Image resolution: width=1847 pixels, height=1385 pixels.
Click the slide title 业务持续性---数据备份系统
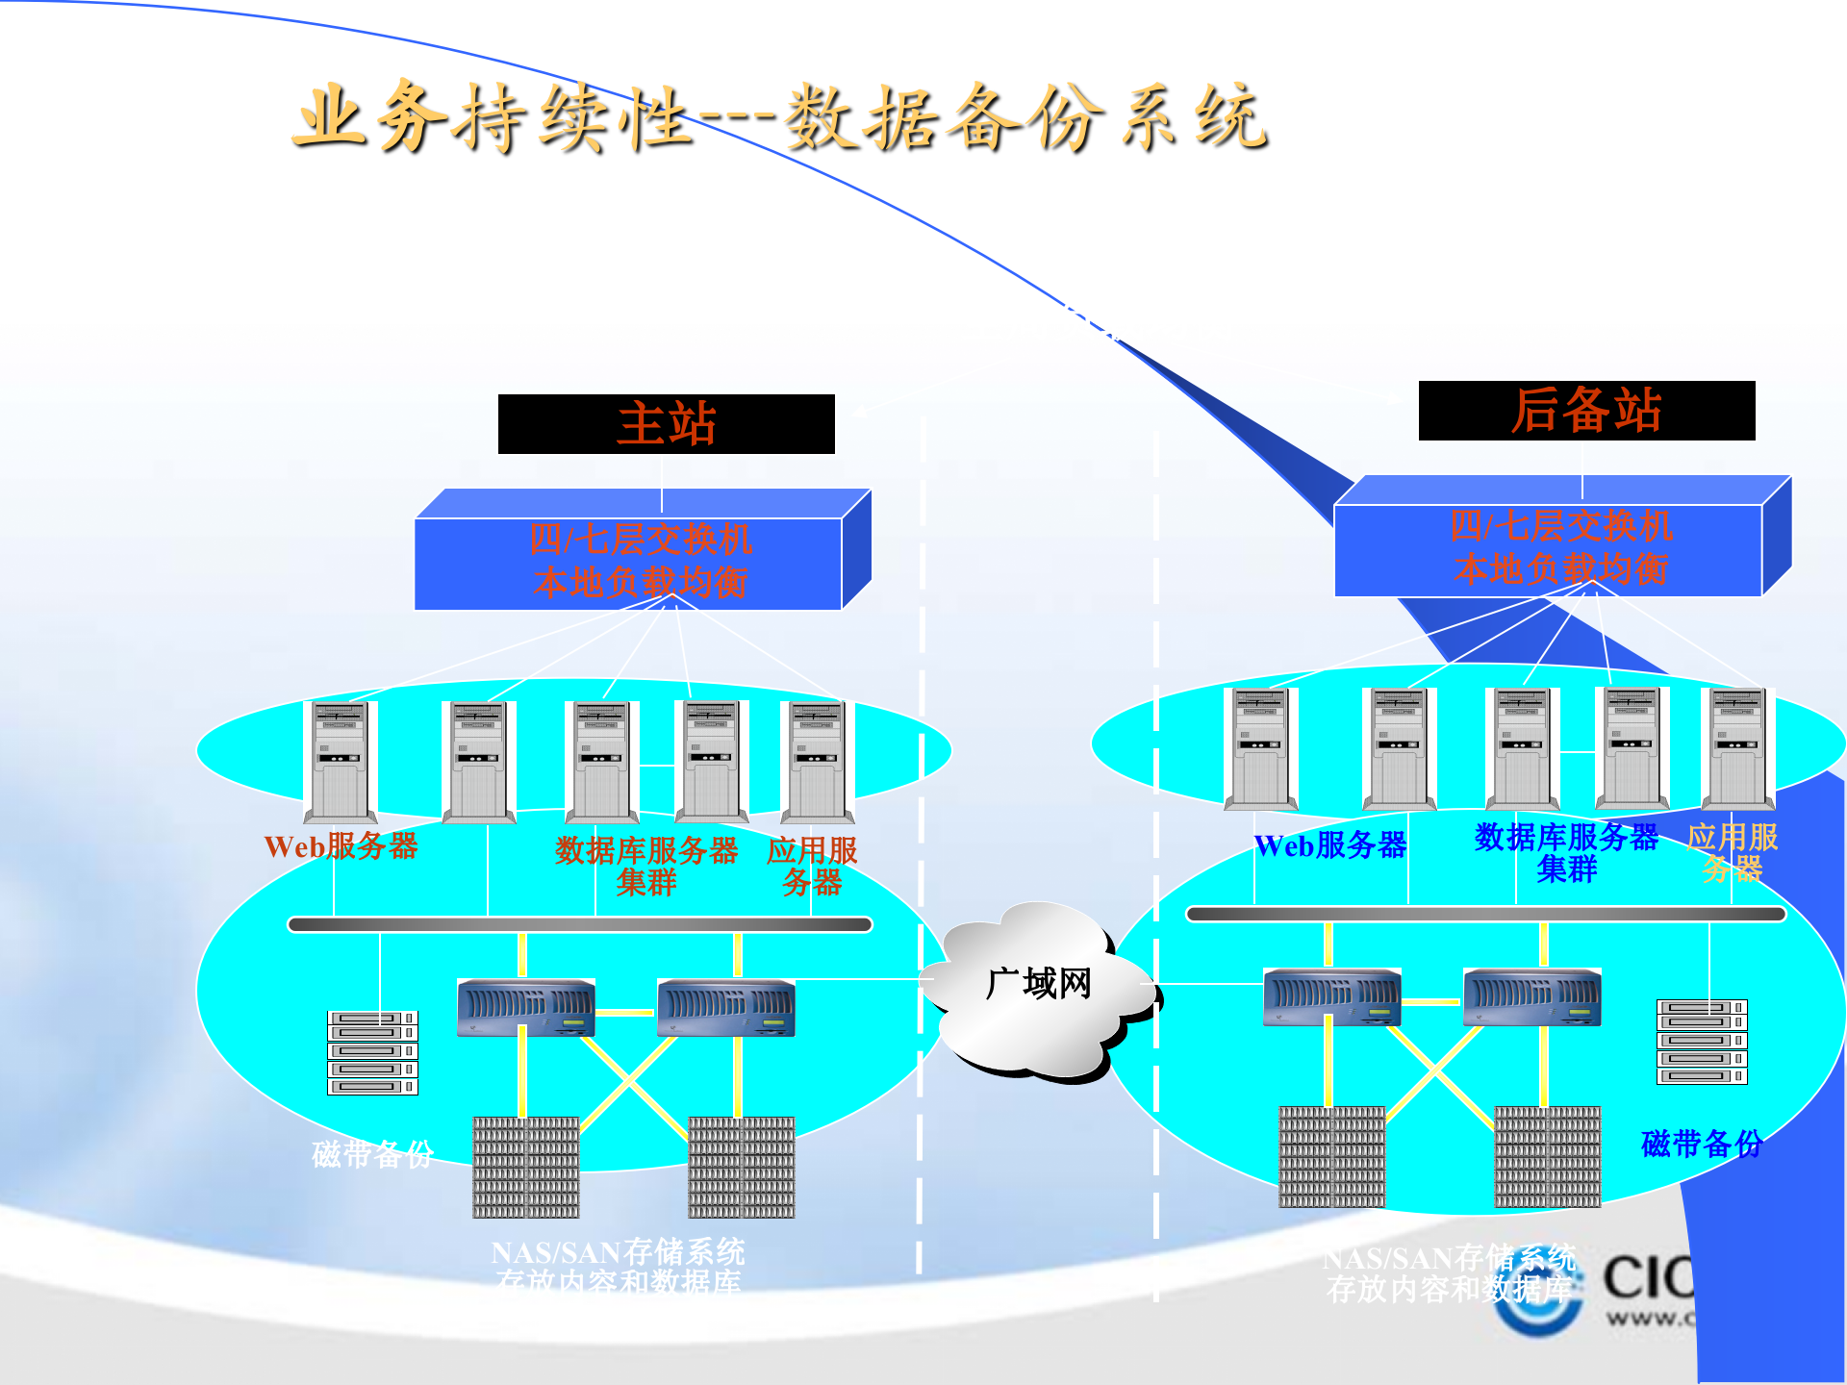point(779,117)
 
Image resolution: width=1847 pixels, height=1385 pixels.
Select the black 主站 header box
point(666,424)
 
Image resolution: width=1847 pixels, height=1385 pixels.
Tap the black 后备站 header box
point(1586,411)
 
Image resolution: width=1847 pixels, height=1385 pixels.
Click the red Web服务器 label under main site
point(341,846)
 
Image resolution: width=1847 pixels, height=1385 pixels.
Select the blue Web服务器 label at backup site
point(1330,845)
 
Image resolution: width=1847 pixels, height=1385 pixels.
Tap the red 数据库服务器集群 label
point(646,865)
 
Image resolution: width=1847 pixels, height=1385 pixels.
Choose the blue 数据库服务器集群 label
point(1566,852)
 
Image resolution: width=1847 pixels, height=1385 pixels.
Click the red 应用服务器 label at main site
point(812,865)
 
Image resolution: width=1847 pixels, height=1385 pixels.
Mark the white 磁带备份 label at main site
point(372,1153)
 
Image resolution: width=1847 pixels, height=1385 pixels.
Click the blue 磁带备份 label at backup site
point(1701,1144)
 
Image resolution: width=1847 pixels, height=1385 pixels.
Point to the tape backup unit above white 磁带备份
point(372,1052)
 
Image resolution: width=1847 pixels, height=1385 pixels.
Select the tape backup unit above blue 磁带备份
point(1701,1042)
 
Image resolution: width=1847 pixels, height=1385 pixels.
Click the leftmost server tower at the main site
point(339,762)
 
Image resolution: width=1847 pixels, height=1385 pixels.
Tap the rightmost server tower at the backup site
point(1736,748)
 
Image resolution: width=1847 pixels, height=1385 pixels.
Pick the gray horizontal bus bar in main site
point(580,924)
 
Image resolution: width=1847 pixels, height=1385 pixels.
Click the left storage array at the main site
point(525,1167)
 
